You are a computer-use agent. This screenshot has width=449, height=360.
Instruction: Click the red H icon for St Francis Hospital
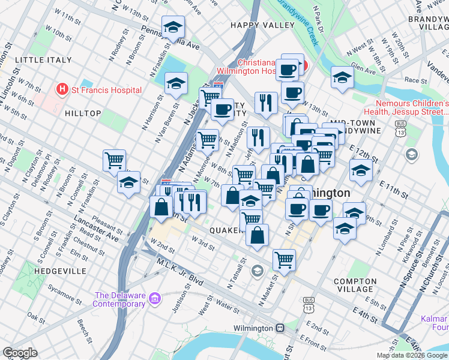coord(61,90)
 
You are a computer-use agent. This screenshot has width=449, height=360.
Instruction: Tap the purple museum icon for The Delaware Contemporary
coord(154,298)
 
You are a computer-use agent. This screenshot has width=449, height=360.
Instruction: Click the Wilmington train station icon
coord(280,328)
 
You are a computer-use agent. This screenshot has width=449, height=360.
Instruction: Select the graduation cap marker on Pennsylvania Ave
coord(173,27)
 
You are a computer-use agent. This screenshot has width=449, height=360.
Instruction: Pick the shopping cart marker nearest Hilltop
coord(114,161)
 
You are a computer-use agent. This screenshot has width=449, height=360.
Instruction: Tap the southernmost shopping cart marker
coord(284,260)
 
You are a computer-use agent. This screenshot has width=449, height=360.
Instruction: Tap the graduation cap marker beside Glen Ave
coord(342,77)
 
